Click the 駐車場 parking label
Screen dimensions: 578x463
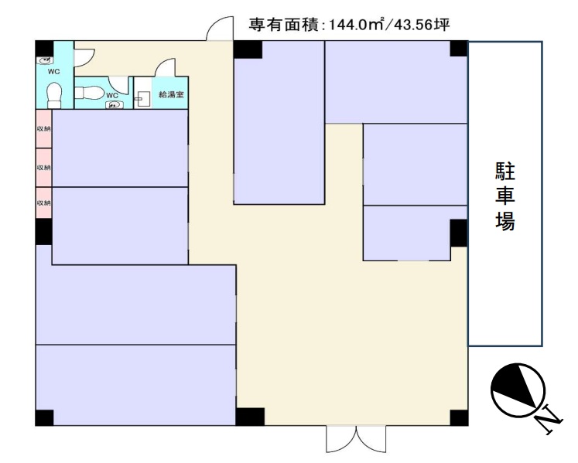click(504, 197)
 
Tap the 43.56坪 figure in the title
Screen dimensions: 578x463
click(422, 25)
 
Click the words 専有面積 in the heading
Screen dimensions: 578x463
click(282, 25)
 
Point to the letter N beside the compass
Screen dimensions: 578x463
click(549, 419)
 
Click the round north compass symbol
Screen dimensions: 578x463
click(518, 391)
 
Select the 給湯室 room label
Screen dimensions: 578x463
click(171, 94)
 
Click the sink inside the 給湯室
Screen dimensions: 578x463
click(142, 98)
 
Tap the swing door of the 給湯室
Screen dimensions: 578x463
click(165, 67)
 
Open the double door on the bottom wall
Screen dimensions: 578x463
click(356, 439)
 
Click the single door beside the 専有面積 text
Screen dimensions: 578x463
click(220, 29)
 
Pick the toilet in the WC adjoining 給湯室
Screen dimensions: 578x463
click(90, 93)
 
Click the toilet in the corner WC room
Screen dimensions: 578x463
click(54, 95)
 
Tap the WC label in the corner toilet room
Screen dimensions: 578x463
click(54, 72)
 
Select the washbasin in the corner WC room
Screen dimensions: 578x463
click(45, 60)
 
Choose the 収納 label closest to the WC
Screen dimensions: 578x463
click(43, 129)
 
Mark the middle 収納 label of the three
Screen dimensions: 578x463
click(43, 168)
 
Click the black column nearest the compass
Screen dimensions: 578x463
click(459, 417)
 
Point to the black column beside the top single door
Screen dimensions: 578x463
click(248, 49)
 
